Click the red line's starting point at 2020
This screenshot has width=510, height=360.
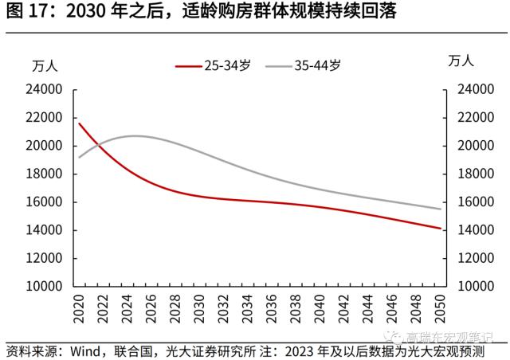click(x=79, y=123)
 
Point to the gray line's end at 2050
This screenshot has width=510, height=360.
click(x=439, y=209)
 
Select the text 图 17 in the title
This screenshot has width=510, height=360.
click(x=24, y=12)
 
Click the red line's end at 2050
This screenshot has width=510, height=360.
click(x=439, y=229)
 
